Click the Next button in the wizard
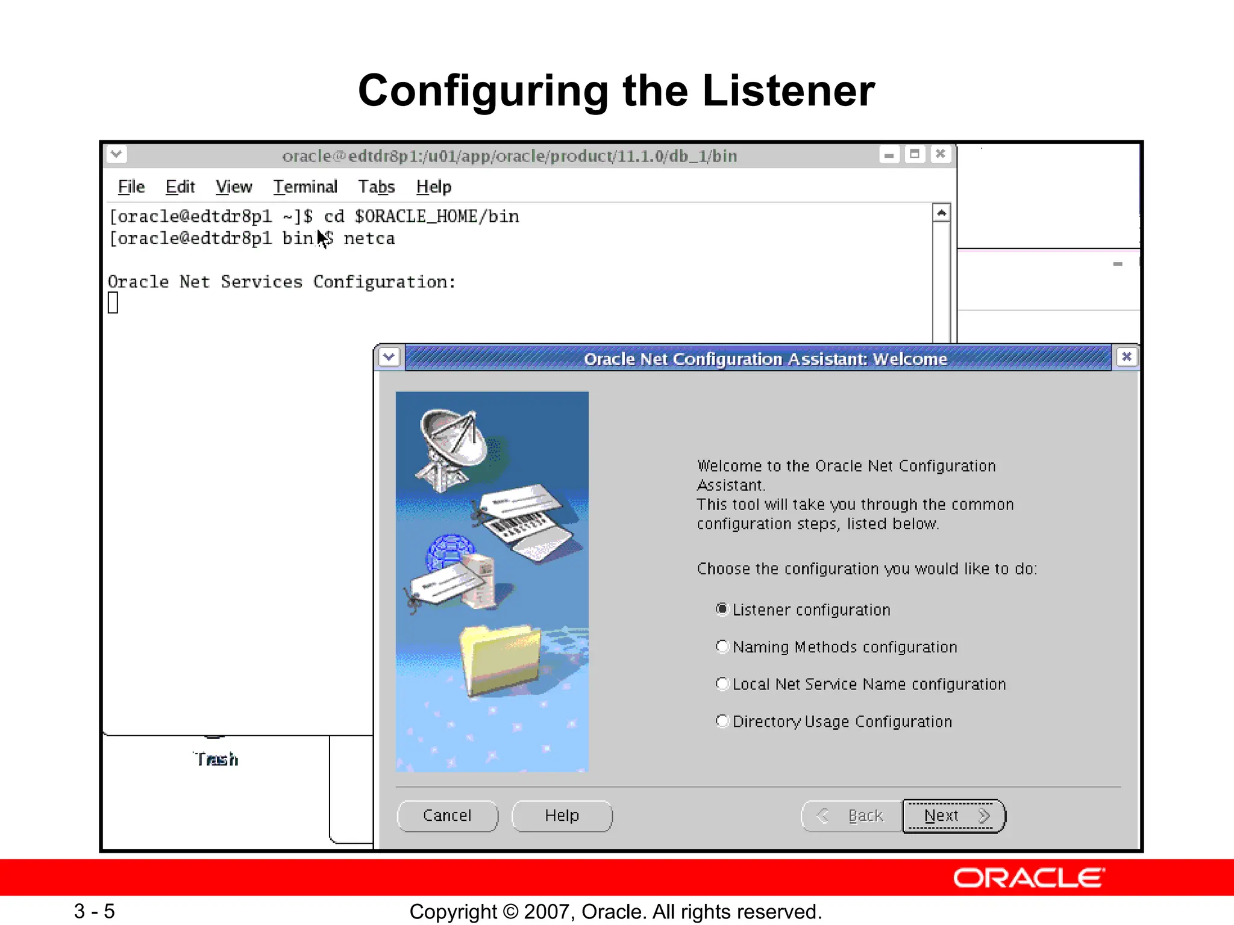click(x=953, y=816)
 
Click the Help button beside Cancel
click(x=562, y=816)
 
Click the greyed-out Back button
click(x=852, y=816)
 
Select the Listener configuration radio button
click(x=722, y=609)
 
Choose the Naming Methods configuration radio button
click(x=722, y=647)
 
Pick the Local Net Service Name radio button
click(x=722, y=684)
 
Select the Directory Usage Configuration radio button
click(x=722, y=721)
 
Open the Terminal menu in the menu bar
click(x=305, y=187)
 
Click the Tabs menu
click(x=376, y=187)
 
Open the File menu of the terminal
click(x=131, y=187)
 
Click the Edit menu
click(x=180, y=187)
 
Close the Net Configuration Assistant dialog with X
click(x=1126, y=357)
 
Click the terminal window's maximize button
click(x=915, y=155)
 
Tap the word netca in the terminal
click(x=369, y=239)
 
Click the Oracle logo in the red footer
click(x=1029, y=878)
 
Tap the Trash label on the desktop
click(x=216, y=759)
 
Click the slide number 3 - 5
click(x=95, y=911)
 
